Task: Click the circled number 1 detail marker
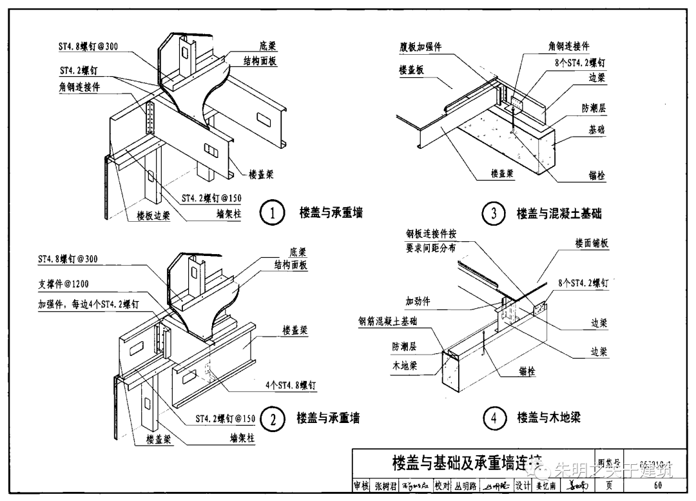click(273, 213)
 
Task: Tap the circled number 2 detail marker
click(273, 419)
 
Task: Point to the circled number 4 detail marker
click(494, 418)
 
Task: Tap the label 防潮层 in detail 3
click(593, 108)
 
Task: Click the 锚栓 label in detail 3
click(597, 175)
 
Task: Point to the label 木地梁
click(404, 366)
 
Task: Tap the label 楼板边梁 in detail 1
click(153, 216)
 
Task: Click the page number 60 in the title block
click(657, 486)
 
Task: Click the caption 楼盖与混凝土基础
click(559, 213)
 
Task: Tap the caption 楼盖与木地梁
click(548, 418)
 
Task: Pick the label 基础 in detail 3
click(596, 130)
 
